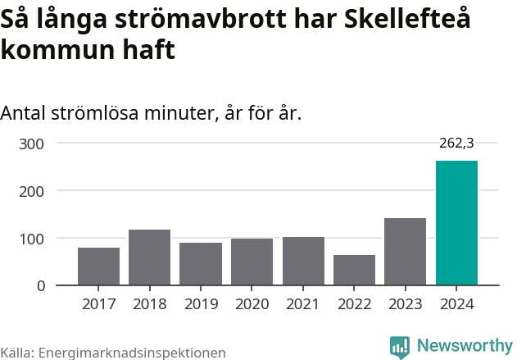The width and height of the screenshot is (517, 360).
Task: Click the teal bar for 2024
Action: click(456, 223)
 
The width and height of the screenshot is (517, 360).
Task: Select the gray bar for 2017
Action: click(98, 267)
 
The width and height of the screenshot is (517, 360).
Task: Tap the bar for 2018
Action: click(149, 257)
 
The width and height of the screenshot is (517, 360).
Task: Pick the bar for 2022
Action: click(354, 271)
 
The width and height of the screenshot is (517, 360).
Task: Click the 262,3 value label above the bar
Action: click(456, 143)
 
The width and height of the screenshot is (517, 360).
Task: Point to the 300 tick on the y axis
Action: click(33, 144)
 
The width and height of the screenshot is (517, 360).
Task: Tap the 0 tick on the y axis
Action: click(40, 286)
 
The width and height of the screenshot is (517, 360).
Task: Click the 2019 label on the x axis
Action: click(201, 304)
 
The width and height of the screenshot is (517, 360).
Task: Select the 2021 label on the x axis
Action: click(303, 304)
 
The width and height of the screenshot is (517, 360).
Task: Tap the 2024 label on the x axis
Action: click(456, 304)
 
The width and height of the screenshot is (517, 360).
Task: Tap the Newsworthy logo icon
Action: click(400, 346)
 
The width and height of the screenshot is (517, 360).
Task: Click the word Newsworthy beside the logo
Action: click(464, 345)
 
